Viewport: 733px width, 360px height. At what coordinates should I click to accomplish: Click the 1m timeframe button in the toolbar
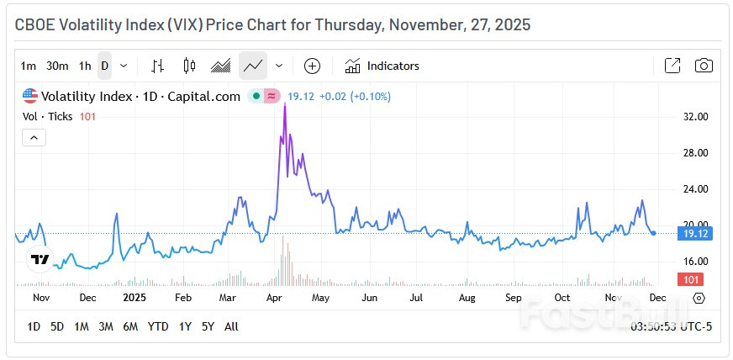coord(29,66)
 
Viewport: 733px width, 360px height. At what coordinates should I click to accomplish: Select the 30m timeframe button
coord(57,66)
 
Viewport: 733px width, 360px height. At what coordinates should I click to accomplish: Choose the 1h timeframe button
coord(85,66)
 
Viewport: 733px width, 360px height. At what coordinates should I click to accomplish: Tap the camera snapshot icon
coord(704,66)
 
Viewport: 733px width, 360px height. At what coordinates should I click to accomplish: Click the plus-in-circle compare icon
coord(312,66)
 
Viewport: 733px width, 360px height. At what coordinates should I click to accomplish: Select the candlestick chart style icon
coord(188,66)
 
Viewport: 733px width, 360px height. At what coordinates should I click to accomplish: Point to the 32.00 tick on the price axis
coord(696,117)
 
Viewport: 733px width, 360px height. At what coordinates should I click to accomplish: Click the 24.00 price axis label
coord(696,188)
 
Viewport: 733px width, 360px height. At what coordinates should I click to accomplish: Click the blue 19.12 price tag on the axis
coord(696,233)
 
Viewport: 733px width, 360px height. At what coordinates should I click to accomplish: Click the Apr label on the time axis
coord(274,298)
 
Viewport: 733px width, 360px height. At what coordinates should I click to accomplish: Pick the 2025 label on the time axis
coord(134,298)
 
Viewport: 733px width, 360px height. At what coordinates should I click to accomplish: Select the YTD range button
coord(157,326)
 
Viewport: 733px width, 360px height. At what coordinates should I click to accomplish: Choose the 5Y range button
coord(207,326)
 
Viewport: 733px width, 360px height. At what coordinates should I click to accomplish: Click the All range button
coord(232,326)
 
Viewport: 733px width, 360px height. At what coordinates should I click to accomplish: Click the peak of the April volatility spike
coord(284,104)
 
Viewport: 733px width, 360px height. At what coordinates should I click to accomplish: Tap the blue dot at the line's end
coord(654,233)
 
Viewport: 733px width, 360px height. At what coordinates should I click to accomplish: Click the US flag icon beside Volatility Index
coord(30,96)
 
